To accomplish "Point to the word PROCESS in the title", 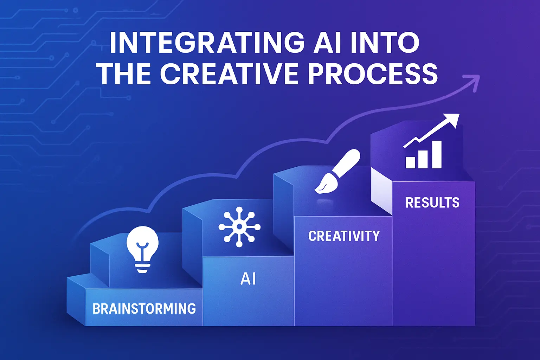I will click(x=373, y=74).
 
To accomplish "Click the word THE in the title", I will click(x=125, y=74).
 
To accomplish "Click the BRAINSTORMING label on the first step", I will click(x=144, y=309).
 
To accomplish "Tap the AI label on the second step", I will click(x=248, y=279).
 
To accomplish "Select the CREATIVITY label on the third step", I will click(x=344, y=236).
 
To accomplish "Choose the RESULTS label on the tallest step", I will click(x=432, y=203).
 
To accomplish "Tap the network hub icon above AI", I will click(x=239, y=227).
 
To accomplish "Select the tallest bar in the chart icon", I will click(x=437, y=154).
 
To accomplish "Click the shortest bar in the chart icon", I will click(x=410, y=162).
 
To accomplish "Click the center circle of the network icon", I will click(x=239, y=227).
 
